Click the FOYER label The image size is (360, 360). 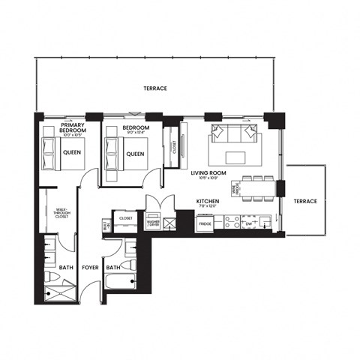point(90,267)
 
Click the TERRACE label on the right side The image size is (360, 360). point(305,201)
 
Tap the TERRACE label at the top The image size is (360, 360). point(155,88)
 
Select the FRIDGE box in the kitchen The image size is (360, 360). point(205,223)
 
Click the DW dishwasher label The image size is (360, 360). point(247,223)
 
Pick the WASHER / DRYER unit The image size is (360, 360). point(154,223)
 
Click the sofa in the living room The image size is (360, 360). point(235,134)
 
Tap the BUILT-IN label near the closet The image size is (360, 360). point(105,224)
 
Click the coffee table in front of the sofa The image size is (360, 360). point(236,157)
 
